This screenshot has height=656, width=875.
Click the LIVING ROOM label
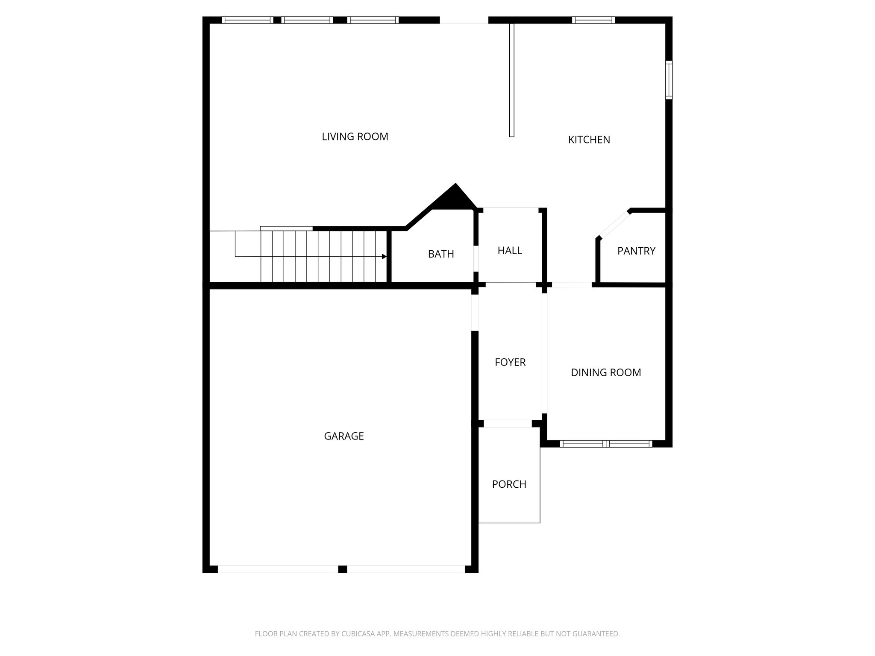tap(355, 137)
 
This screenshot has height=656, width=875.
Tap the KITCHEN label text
tap(589, 140)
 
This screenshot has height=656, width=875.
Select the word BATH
tap(441, 254)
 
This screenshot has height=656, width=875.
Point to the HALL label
tap(510, 251)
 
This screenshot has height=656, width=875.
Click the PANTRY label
tap(636, 251)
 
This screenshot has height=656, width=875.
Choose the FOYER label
tap(510, 362)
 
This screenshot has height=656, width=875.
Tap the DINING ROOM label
tap(606, 372)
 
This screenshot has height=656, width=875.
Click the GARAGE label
tap(344, 436)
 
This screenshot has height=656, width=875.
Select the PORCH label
tap(509, 484)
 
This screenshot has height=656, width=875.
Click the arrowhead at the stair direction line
tap(384, 257)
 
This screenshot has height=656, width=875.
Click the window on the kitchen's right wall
tap(669, 80)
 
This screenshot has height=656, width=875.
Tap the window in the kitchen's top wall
tap(593, 20)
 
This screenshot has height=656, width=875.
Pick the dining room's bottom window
tap(606, 444)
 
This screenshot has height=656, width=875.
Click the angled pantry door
tap(614, 225)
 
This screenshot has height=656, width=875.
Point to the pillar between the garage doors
tap(342, 569)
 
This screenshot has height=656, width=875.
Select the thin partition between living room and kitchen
tap(511, 80)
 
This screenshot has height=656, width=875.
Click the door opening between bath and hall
tap(476, 258)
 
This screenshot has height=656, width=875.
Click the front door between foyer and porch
tap(508, 424)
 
